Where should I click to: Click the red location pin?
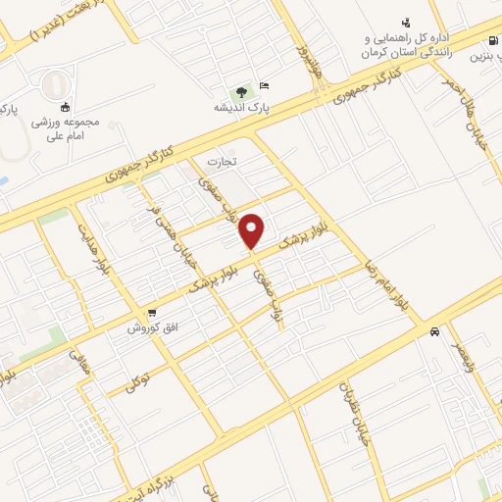[253, 229]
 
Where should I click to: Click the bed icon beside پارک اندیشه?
[265, 85]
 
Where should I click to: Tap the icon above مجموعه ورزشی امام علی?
[66, 107]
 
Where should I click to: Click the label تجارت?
[222, 160]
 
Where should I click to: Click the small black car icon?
[434, 331]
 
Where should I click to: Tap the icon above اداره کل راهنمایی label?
[405, 22]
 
